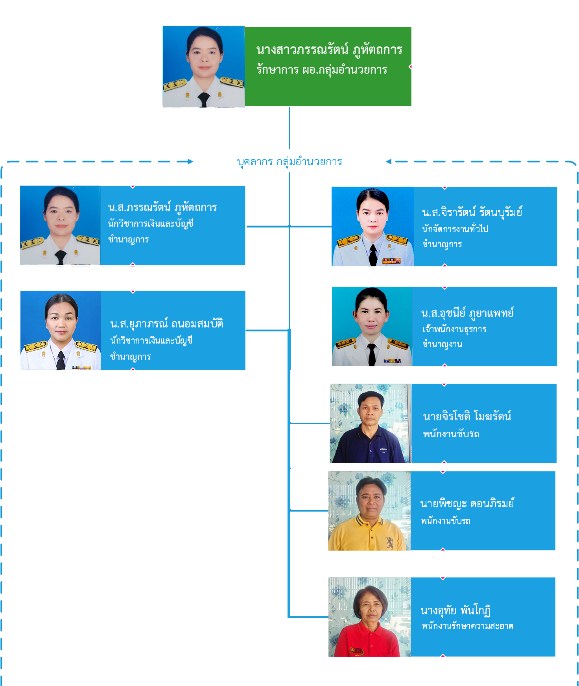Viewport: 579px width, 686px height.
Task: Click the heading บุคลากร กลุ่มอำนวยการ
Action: pyautogui.click(x=289, y=162)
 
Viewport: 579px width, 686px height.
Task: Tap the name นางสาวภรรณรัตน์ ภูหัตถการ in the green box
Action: pyautogui.click(x=329, y=50)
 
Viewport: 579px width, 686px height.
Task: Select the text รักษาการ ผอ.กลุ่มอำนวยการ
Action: pyautogui.click(x=321, y=70)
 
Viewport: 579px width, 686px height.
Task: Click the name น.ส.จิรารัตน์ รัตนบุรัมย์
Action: pyautogui.click(x=472, y=213)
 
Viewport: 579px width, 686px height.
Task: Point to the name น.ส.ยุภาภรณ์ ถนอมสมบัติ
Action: pyautogui.click(x=167, y=324)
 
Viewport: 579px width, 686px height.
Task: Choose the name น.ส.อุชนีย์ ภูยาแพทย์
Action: pyautogui.click(x=467, y=313)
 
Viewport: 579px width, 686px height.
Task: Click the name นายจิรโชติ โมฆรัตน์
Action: pyautogui.click(x=467, y=416)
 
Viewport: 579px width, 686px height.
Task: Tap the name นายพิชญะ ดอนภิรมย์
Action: pyautogui.click(x=467, y=504)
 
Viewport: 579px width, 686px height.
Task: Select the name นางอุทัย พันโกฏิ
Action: pyautogui.click(x=455, y=610)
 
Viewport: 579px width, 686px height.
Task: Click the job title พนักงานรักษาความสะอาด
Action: pyautogui.click(x=467, y=626)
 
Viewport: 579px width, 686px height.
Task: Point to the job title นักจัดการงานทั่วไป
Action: pyautogui.click(x=455, y=229)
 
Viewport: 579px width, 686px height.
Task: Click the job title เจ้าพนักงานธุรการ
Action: pyautogui.click(x=454, y=329)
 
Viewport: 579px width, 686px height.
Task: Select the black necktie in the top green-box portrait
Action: pyautogui.click(x=203, y=99)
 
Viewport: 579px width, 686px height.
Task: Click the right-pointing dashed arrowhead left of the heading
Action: pyautogui.click(x=190, y=161)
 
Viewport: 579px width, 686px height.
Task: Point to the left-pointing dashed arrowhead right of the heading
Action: pyautogui.click(x=389, y=161)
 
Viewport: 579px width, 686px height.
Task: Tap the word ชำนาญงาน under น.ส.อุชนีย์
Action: pyautogui.click(x=442, y=344)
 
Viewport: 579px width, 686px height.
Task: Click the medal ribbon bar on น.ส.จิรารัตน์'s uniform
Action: pyautogui.click(x=391, y=261)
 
